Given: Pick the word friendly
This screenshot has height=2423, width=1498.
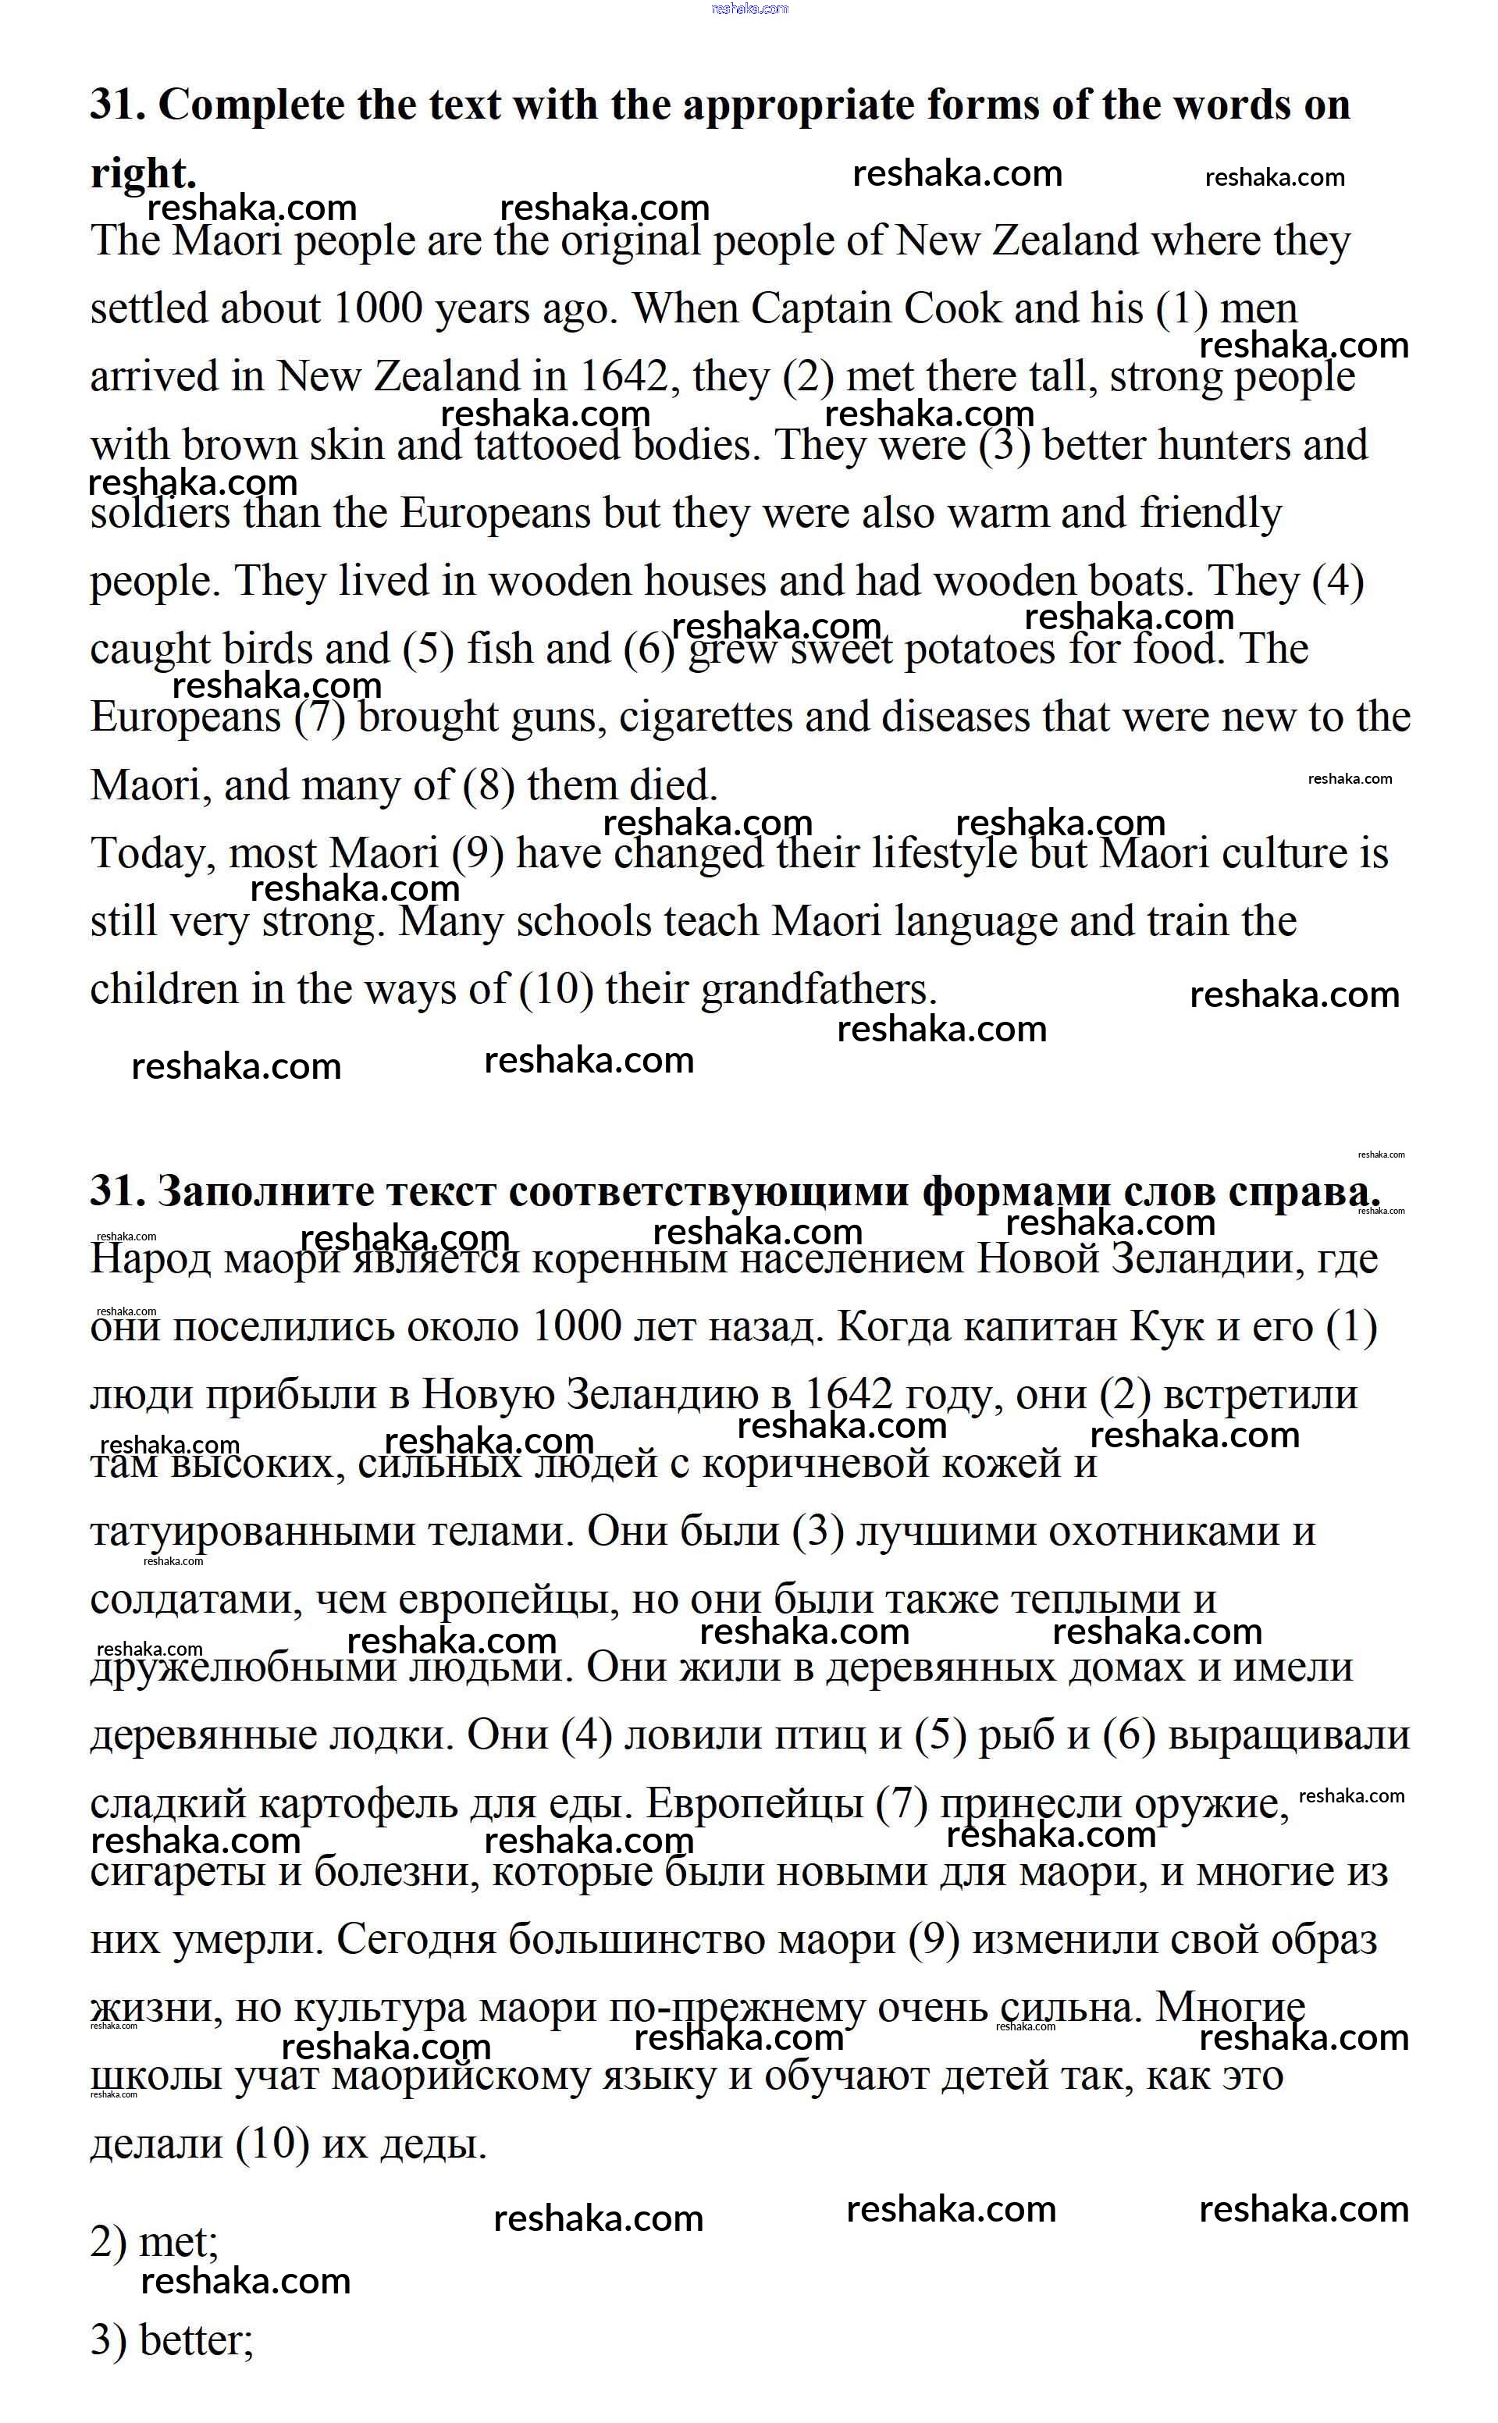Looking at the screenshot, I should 1210,514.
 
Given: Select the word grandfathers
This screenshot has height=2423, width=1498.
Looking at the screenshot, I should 818,990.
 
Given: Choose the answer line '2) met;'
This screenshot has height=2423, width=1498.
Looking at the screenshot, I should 155,2241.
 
